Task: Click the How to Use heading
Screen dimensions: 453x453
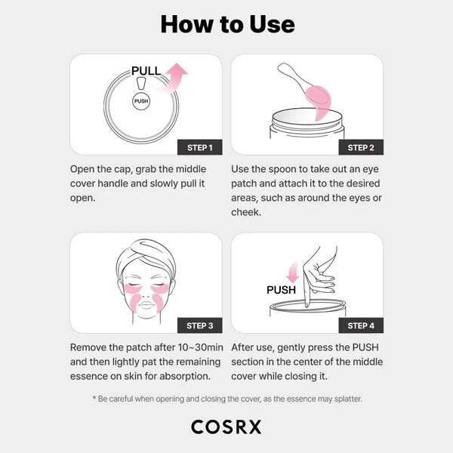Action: pos(227,24)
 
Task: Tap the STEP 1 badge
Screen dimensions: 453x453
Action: pos(199,147)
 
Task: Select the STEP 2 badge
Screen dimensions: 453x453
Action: pos(360,147)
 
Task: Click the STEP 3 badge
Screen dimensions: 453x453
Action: pos(199,325)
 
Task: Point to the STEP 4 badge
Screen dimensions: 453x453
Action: pos(360,325)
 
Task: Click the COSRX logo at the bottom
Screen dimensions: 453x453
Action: pos(226,427)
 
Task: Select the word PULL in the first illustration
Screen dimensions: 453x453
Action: pos(146,71)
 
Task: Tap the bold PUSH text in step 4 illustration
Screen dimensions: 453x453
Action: pos(282,290)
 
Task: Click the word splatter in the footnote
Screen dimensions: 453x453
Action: pos(344,398)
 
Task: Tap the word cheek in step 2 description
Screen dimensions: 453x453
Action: pos(246,211)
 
